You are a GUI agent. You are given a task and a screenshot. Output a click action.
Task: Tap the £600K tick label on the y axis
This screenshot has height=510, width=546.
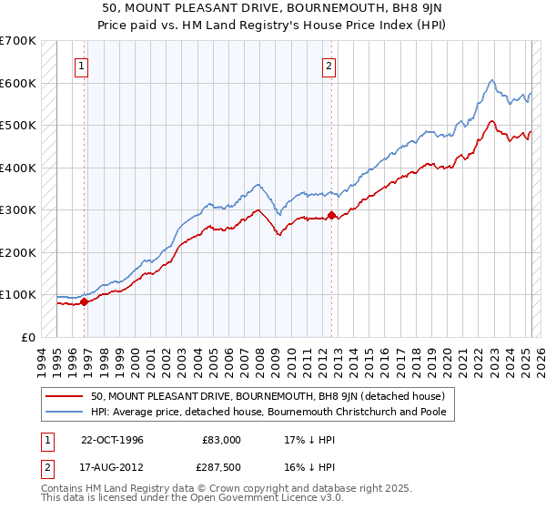[18, 84]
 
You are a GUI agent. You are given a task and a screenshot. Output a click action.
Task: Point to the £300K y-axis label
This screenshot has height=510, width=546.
[18, 210]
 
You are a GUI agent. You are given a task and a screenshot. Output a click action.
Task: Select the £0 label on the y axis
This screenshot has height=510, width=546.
[28, 337]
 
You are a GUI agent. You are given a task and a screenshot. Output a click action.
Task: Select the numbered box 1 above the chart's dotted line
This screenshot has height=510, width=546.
[82, 66]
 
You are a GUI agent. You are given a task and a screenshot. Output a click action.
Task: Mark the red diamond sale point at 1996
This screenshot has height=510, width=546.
[84, 301]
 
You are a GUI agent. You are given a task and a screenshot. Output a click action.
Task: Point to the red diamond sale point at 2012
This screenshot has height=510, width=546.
[331, 216]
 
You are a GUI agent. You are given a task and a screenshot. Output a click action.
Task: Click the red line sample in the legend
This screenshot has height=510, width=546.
[66, 396]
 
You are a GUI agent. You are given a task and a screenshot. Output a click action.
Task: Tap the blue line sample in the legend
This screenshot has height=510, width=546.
[66, 412]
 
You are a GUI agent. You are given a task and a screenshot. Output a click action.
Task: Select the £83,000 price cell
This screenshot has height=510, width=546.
[222, 440]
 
